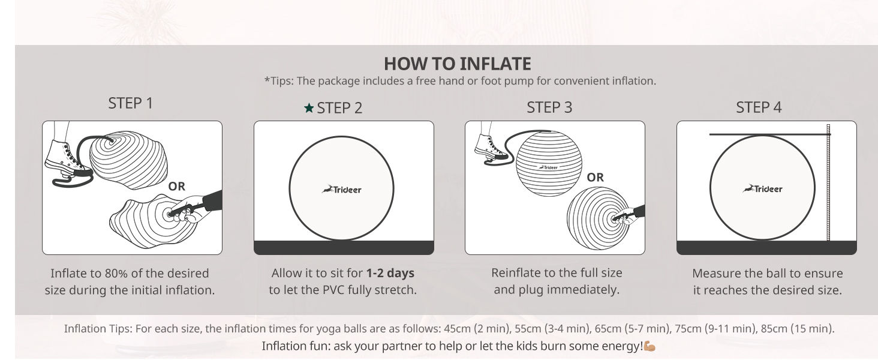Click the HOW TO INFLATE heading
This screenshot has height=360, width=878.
[x=457, y=63]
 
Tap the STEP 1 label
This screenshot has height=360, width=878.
[x=131, y=103]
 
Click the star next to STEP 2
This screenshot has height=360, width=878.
[x=308, y=108]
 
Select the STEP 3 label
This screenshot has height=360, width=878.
[x=549, y=107]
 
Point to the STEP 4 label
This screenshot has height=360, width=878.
[x=759, y=107]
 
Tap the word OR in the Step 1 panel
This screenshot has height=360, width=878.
[x=177, y=186]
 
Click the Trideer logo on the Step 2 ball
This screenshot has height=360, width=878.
[x=342, y=190]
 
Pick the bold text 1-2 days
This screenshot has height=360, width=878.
[x=390, y=273]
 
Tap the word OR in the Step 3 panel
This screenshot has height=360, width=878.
[x=596, y=178]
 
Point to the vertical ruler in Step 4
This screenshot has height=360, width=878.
[x=828, y=183]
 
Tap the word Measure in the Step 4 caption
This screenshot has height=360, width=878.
[x=714, y=274]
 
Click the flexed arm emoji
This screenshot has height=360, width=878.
[x=649, y=346]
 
